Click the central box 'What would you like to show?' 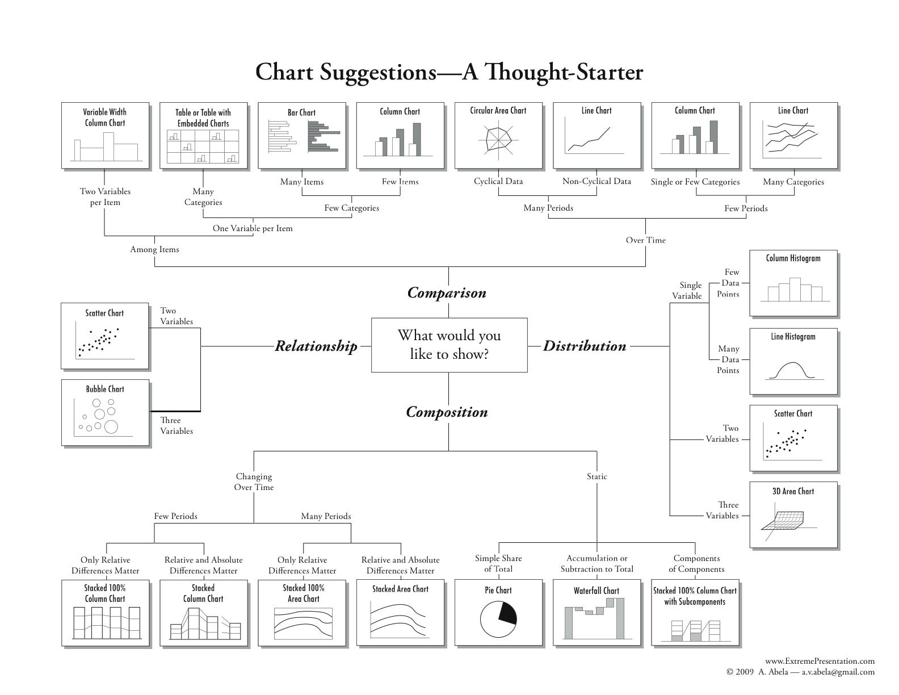[x=449, y=345]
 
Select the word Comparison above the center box [x=447, y=293]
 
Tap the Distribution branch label [x=585, y=346]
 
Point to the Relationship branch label [x=316, y=346]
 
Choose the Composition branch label [x=447, y=412]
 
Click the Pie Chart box [x=498, y=612]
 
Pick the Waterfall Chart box [x=596, y=612]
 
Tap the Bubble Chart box [x=105, y=412]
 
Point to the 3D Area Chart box [x=793, y=514]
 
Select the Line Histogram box [x=793, y=361]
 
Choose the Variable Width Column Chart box [x=105, y=135]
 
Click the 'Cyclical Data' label [x=498, y=182]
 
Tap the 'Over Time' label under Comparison [x=645, y=240]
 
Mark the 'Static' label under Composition [x=596, y=476]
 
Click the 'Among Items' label [x=154, y=249]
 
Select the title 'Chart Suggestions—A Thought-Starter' [x=449, y=72]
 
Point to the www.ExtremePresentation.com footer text [x=820, y=661]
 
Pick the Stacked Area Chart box [x=400, y=612]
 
